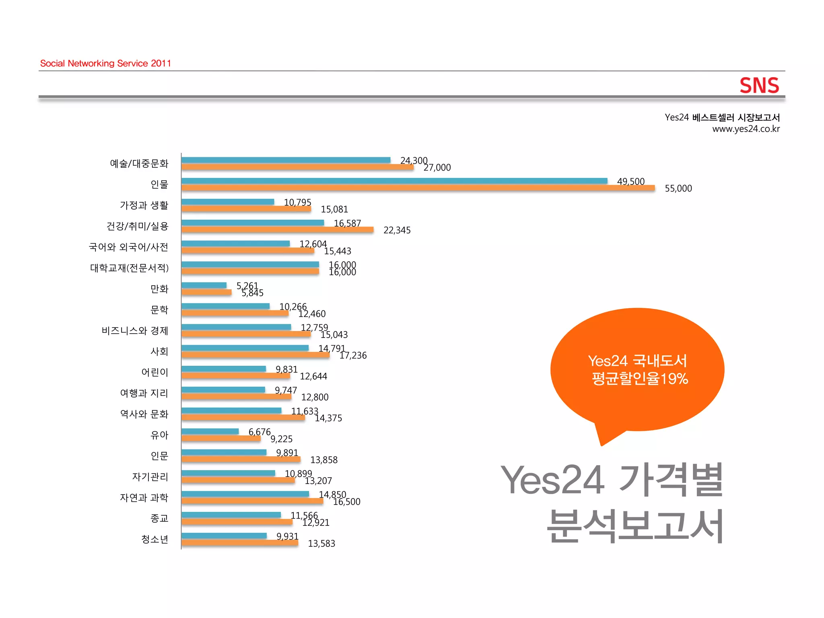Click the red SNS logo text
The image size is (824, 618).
tap(759, 85)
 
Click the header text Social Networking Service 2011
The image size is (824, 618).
tap(105, 63)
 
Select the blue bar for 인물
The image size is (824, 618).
tap(394, 181)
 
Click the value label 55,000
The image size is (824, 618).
tap(678, 188)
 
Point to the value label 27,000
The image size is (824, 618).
tap(437, 167)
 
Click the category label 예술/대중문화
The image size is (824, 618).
tap(139, 163)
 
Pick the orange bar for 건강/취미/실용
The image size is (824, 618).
tap(277, 230)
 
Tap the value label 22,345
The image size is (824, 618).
tap(397, 230)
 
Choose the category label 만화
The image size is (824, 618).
tap(159, 289)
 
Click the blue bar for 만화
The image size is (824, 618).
tap(204, 285)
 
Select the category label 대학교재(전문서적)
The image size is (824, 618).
tap(129, 268)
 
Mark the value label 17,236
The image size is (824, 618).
tap(353, 355)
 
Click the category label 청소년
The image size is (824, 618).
tap(154, 539)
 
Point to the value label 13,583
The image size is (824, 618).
tap(321, 544)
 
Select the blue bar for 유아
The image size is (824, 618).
tap(210, 431)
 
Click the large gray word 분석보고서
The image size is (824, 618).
tap(635, 525)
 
